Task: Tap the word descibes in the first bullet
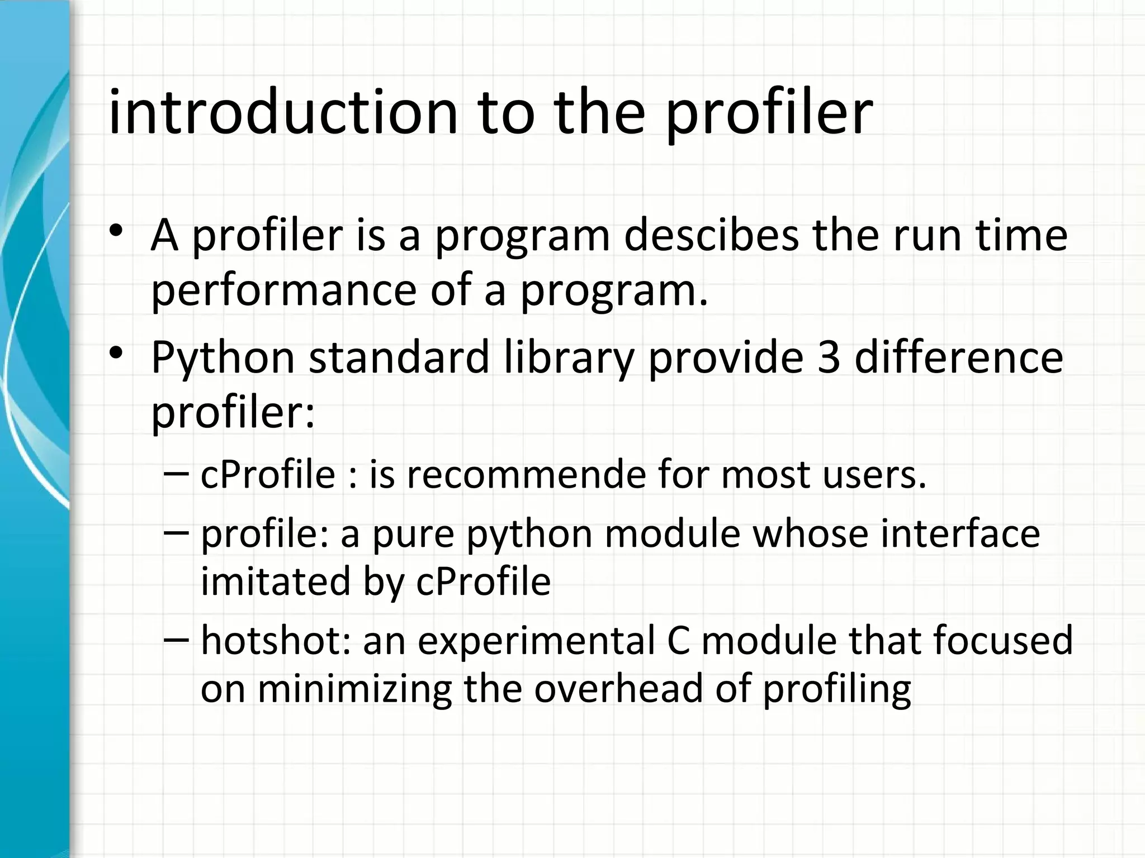coord(711,236)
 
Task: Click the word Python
coord(223,359)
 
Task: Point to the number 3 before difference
coord(829,357)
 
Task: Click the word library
coord(569,359)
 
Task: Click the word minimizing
coord(354,689)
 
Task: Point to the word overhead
coord(618,688)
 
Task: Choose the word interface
coord(960,533)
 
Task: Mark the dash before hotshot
coord(177,638)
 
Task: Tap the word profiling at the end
coord(837,689)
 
